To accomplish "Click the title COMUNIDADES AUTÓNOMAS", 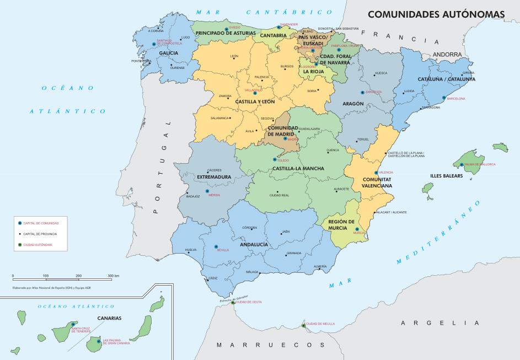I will (436, 14).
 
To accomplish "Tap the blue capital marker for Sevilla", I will (216, 246).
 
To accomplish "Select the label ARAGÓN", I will (352, 104).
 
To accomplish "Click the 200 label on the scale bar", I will (78, 275).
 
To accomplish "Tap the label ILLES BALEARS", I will (446, 176).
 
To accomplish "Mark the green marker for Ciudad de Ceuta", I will (233, 302).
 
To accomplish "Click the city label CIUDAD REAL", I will (278, 195).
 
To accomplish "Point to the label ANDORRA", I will (447, 54).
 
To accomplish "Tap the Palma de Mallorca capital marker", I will (462, 164).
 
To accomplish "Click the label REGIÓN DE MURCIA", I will (341, 224).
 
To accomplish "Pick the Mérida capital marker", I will (207, 191).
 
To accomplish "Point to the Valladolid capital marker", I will (255, 93).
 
